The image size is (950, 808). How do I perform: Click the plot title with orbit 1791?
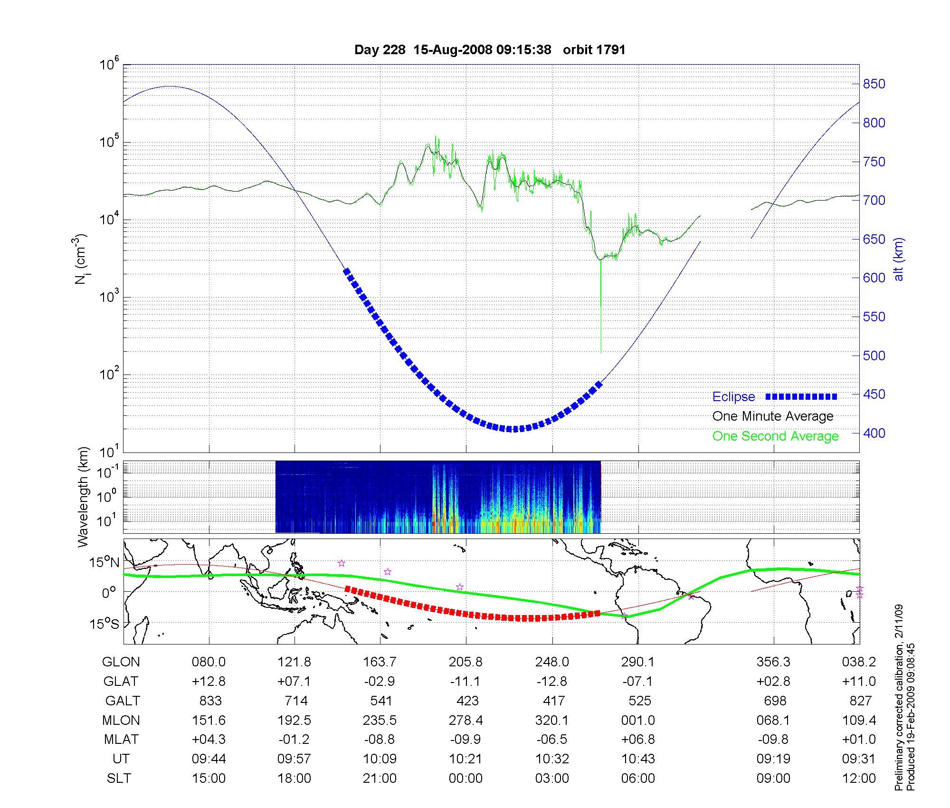point(490,50)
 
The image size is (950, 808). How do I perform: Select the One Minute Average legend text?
point(773,416)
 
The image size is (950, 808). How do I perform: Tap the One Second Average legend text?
point(775,436)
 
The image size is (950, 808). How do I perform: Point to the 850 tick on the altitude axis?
point(874,84)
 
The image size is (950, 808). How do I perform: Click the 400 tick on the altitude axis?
point(874,433)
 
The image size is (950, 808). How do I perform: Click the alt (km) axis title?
point(899,259)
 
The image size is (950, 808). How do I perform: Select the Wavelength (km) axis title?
point(83,497)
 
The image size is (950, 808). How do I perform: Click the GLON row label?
point(121,662)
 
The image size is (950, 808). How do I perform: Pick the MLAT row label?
point(121,740)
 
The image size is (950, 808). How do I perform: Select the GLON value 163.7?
point(380,662)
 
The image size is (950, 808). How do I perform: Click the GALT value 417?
point(553,701)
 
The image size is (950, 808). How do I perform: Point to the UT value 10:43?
point(638,759)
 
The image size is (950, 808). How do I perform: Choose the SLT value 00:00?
point(465,779)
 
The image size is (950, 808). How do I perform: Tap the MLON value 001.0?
point(638,721)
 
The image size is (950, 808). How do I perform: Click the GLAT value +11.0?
point(859,682)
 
